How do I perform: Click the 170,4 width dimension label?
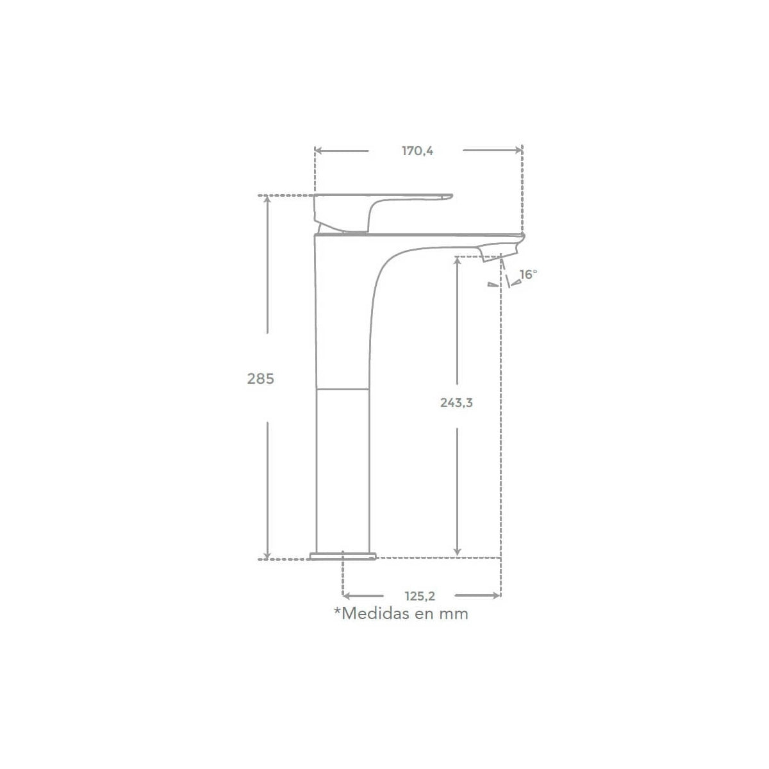[417, 151]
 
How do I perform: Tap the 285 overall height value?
[261, 379]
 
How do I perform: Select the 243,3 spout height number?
[456, 402]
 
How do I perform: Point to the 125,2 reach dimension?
[420, 596]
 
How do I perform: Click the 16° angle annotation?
[528, 274]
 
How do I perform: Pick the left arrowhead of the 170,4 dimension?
[318, 151]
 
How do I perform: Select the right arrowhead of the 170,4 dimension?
[519, 151]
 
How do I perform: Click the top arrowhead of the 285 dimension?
[267, 199]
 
